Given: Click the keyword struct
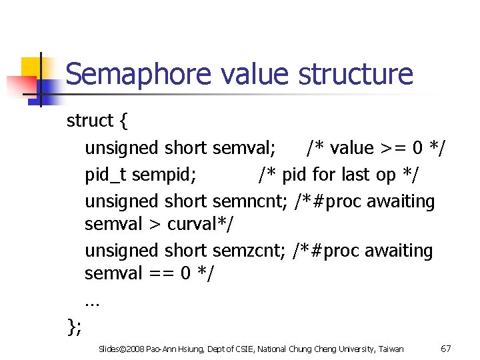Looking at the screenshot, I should click(90, 121).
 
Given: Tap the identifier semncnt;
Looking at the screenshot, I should click(251, 201).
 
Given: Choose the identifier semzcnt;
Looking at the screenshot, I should click(250, 251).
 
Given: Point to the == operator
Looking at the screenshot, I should click(161, 273).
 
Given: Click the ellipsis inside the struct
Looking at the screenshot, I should click(92, 301).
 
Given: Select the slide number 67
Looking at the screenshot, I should click(446, 349).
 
